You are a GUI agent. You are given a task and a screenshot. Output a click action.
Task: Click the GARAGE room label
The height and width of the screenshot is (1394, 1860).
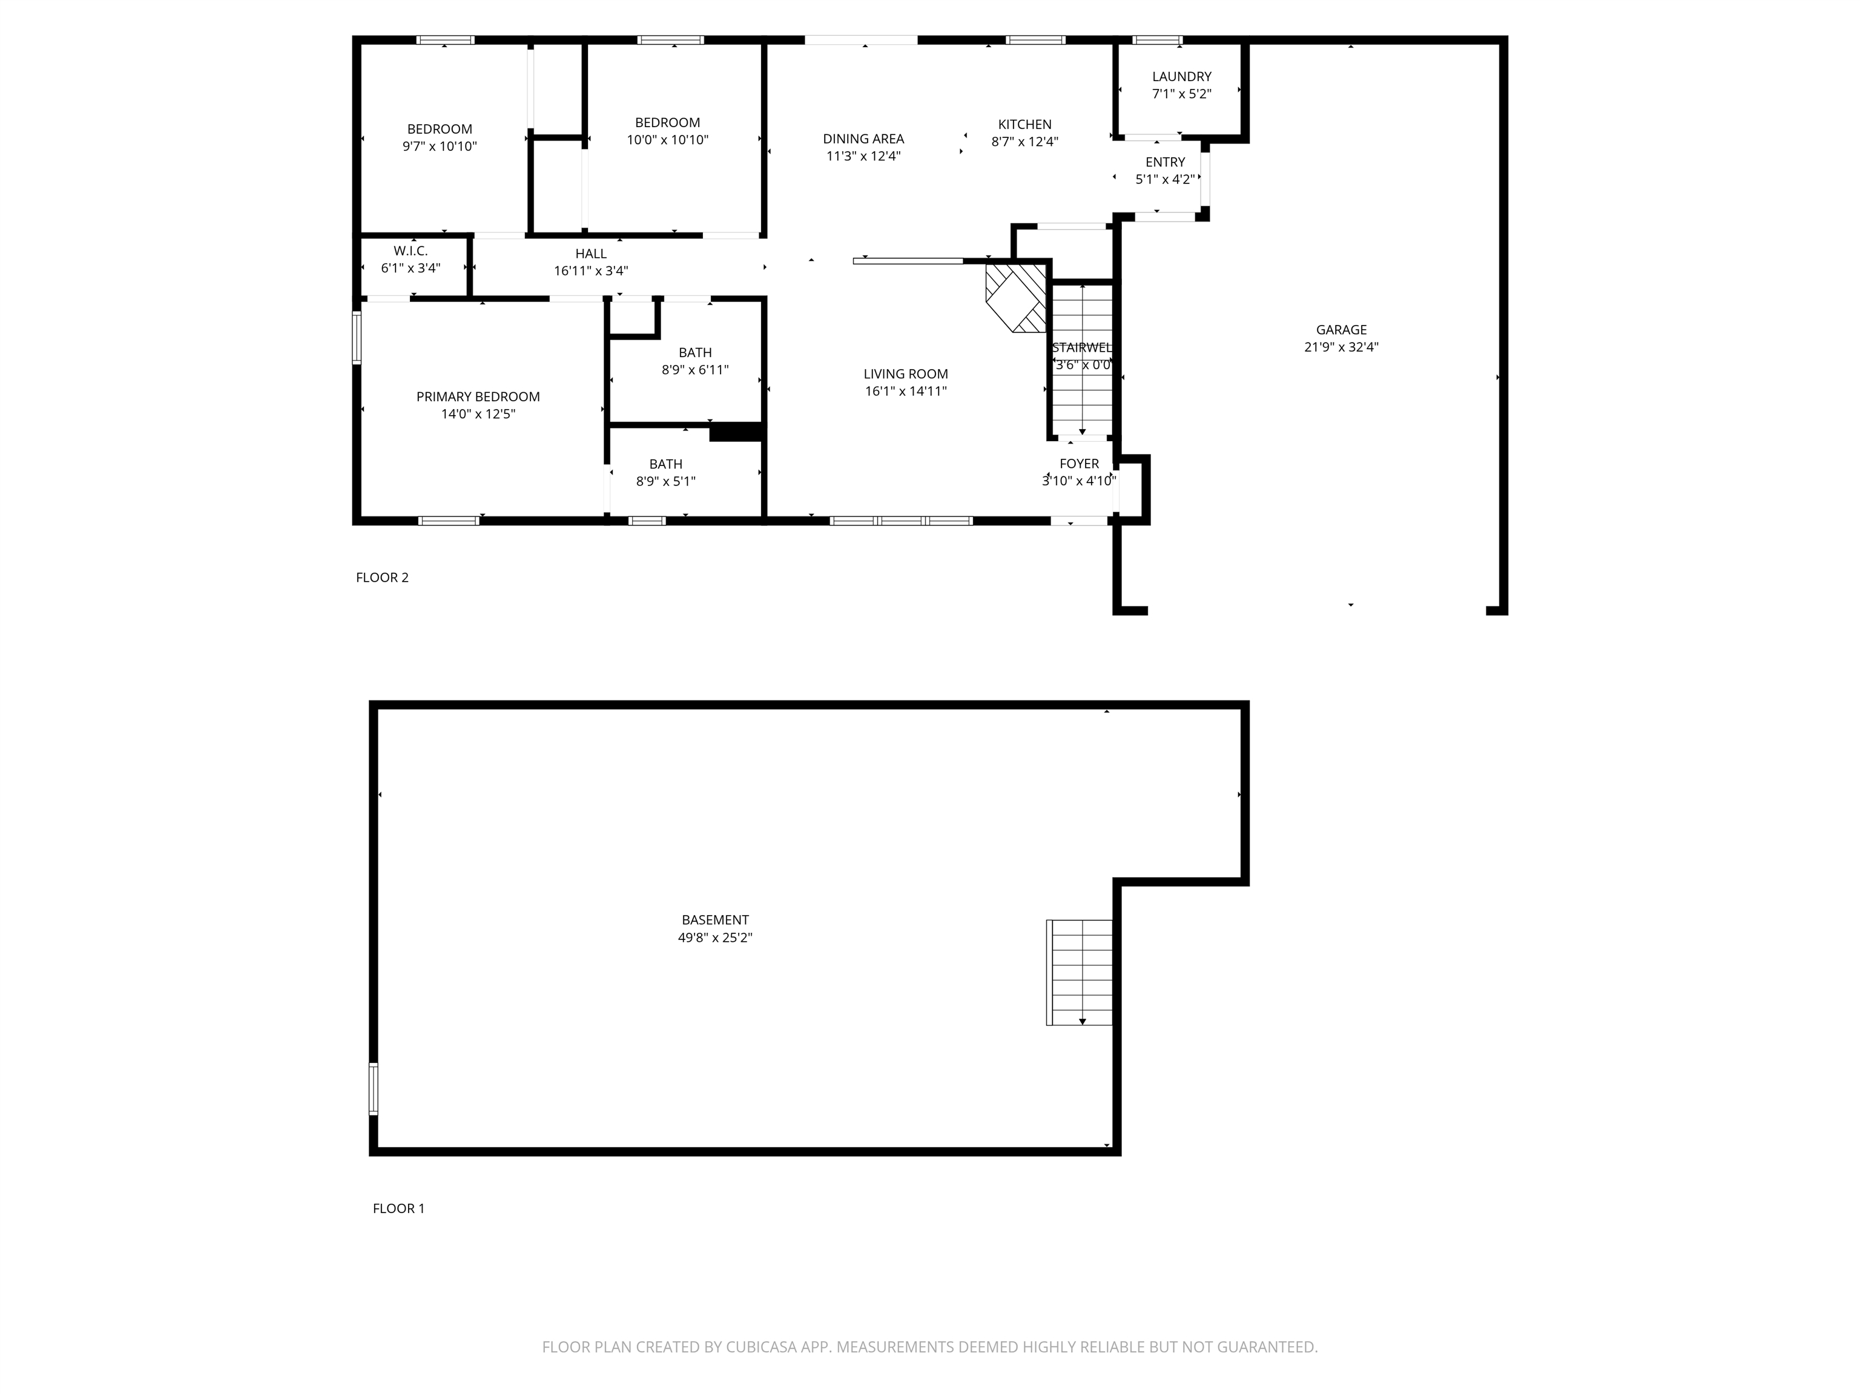pyautogui.click(x=1341, y=329)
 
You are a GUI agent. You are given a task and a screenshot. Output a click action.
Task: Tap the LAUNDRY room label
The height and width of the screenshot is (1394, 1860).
pyautogui.click(x=1181, y=76)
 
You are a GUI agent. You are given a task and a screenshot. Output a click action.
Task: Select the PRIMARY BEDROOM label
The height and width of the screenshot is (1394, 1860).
pyautogui.click(x=478, y=397)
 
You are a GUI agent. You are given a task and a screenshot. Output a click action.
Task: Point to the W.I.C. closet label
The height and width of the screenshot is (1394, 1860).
pyautogui.click(x=411, y=251)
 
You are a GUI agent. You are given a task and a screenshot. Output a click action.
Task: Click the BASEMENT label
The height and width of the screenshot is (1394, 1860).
pyautogui.click(x=714, y=920)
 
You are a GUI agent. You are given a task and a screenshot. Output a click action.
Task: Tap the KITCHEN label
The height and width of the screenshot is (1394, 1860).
pyautogui.click(x=1024, y=125)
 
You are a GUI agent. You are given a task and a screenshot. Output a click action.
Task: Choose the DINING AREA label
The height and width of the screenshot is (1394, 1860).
pyautogui.click(x=863, y=139)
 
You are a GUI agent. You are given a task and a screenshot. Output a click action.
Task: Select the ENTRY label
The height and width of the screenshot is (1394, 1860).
pyautogui.click(x=1164, y=162)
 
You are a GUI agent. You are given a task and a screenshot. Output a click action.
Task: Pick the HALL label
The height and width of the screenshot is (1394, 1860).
pyautogui.click(x=590, y=254)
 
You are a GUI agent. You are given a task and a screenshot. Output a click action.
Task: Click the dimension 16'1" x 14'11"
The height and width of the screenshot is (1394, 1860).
pyautogui.click(x=906, y=391)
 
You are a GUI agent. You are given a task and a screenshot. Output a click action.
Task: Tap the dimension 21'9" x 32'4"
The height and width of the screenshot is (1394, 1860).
pyautogui.click(x=1341, y=346)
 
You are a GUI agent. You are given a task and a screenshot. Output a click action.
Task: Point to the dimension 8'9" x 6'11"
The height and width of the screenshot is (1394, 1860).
pyautogui.click(x=694, y=370)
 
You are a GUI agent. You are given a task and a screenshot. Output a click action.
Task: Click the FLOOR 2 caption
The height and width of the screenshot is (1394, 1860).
pyautogui.click(x=382, y=577)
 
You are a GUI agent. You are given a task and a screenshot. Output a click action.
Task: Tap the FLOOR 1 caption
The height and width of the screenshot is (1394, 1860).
pyautogui.click(x=398, y=1208)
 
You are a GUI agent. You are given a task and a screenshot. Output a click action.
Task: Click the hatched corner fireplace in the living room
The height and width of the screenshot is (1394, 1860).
pyautogui.click(x=1016, y=298)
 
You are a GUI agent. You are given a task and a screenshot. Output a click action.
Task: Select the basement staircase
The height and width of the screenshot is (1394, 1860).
pyautogui.click(x=1080, y=972)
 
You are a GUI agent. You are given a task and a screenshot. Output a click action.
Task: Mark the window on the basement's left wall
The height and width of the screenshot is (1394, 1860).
pyautogui.click(x=374, y=1089)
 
